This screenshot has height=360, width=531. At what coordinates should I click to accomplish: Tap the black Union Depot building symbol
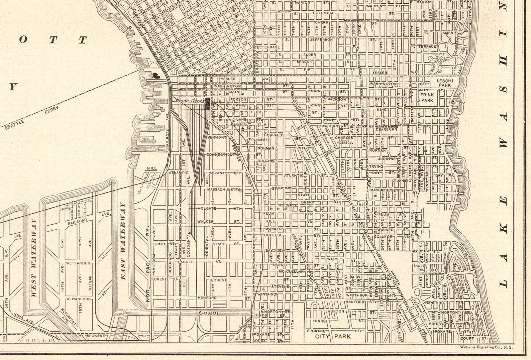(x=208, y=103)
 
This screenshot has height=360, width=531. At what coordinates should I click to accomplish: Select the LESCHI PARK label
(x=445, y=83)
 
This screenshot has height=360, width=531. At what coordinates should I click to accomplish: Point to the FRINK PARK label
(x=427, y=98)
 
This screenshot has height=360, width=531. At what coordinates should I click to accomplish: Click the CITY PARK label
(x=333, y=336)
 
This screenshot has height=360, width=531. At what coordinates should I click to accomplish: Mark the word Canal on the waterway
(x=209, y=313)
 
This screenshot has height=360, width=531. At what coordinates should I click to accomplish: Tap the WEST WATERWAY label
(x=33, y=257)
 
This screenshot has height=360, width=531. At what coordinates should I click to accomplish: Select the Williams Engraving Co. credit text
(x=486, y=348)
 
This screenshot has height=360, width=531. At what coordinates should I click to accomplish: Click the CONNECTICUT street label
(x=221, y=155)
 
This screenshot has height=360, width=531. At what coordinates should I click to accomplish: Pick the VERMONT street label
(x=217, y=137)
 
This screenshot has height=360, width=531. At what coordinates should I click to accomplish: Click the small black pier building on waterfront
(x=156, y=75)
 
